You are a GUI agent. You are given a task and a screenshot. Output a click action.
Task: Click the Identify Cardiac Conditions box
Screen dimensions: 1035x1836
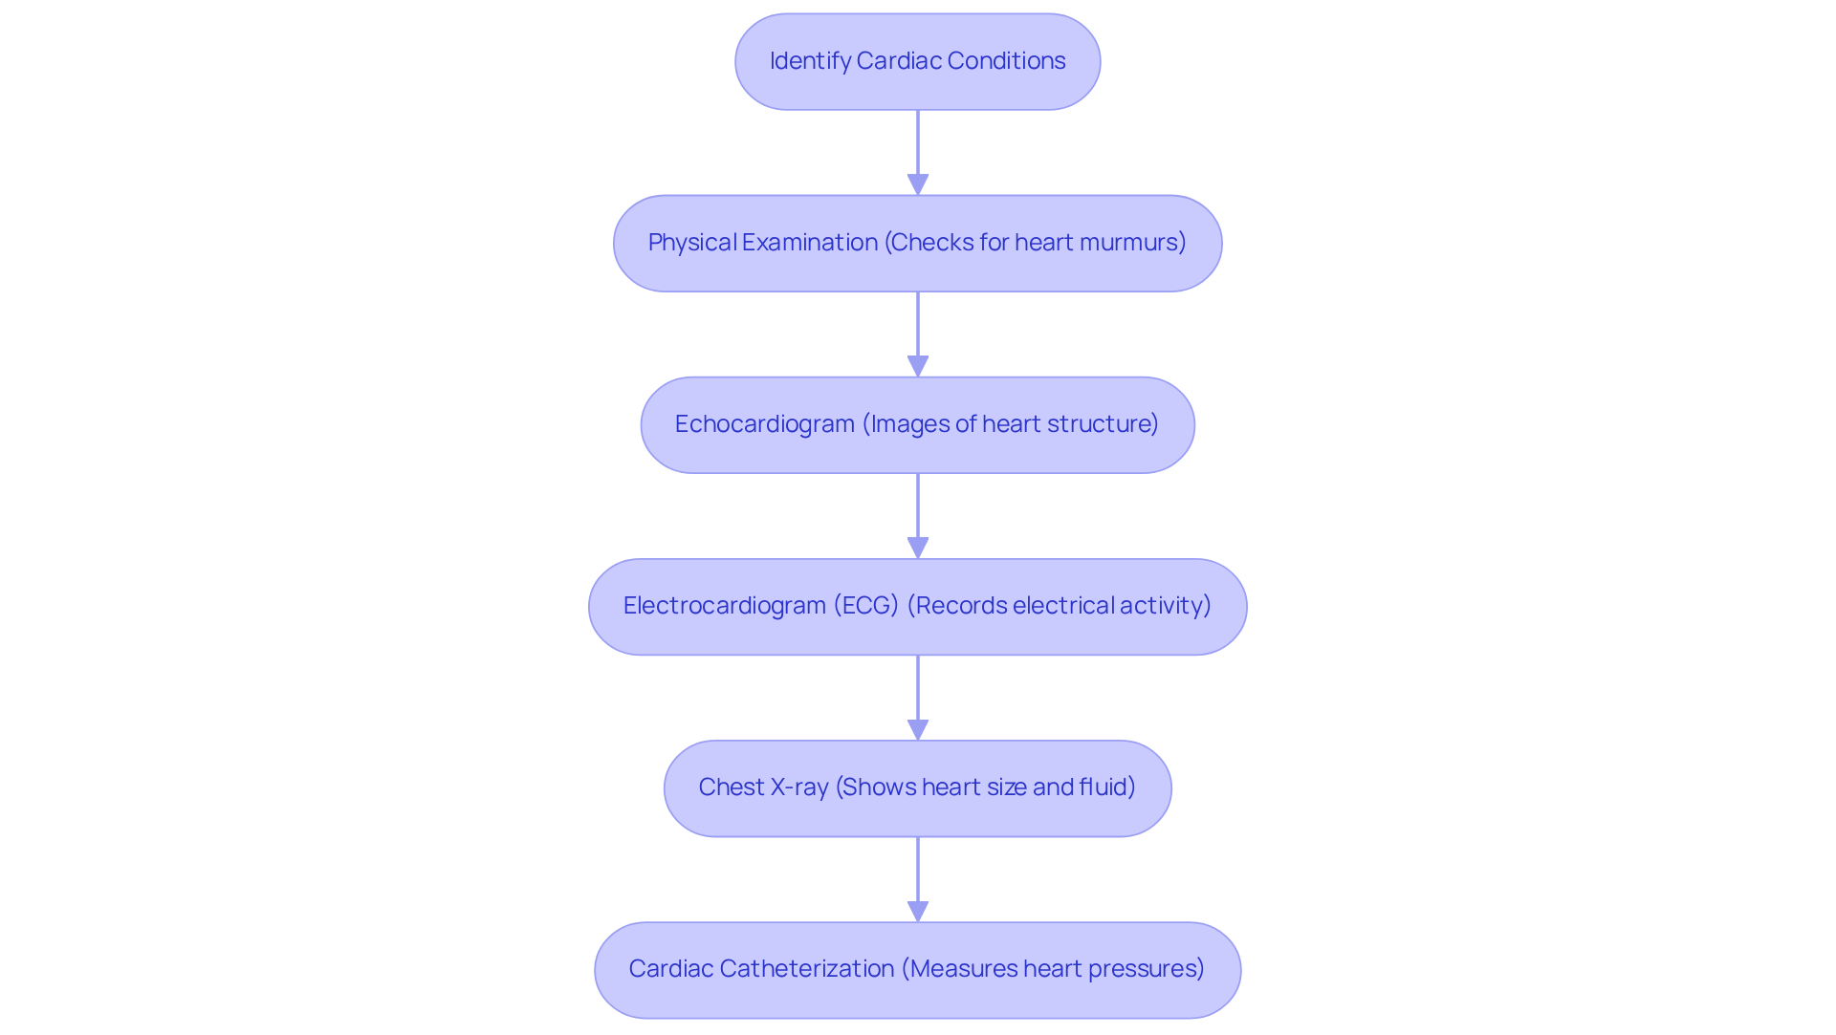(917, 61)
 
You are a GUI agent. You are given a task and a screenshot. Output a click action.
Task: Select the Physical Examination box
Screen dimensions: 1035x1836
(917, 243)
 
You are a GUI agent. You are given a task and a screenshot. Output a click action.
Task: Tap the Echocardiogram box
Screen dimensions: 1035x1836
(917, 424)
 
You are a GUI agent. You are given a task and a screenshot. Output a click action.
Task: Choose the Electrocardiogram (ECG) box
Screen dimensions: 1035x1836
(917, 606)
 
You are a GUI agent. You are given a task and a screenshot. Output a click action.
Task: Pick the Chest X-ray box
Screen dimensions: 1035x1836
(917, 787)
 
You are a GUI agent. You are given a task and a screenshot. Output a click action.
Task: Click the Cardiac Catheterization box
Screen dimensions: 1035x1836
(917, 969)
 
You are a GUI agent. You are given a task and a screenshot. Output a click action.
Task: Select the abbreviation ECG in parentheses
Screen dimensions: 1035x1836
(866, 606)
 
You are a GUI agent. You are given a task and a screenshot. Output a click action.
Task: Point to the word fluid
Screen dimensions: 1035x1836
(1106, 787)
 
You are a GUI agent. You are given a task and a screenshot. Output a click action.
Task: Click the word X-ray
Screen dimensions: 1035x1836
(799, 787)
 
